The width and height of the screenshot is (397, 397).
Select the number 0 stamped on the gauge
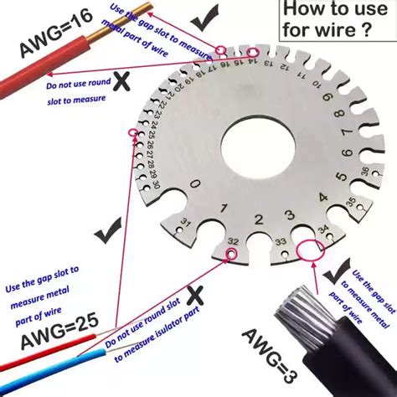(x=194, y=184)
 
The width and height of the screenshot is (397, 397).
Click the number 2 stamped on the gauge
(x=259, y=220)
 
